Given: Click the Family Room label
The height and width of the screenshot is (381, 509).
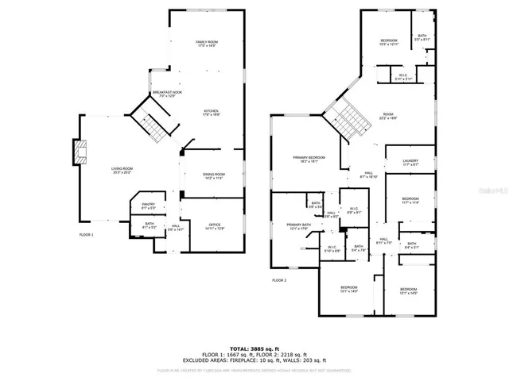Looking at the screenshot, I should coord(207,43).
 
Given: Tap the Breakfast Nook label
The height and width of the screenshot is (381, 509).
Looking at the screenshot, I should coord(166,94).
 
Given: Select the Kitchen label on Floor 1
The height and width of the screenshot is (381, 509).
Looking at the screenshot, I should coord(211,113).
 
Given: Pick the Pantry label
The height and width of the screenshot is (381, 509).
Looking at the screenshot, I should coord(150,206).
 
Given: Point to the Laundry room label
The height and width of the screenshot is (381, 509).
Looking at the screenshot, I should coord(410,163).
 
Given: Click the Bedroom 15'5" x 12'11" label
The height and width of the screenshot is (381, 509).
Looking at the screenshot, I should coord(388,42).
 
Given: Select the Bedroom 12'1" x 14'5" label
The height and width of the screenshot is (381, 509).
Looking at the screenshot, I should coord(409,291).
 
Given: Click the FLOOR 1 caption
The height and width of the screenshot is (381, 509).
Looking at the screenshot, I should coord(86,235).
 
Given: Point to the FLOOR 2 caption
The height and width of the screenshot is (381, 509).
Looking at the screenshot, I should coord(279,280).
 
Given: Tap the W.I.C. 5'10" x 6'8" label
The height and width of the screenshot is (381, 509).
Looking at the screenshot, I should coord(332,249).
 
